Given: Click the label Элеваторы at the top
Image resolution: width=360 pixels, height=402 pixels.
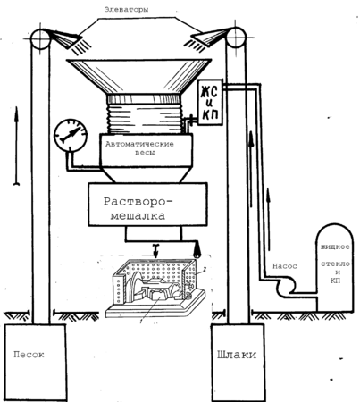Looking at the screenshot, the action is coord(126,10).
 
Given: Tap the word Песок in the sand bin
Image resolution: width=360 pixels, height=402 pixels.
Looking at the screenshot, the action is coord(29,355).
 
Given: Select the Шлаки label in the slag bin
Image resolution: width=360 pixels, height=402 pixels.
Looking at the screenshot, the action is coord(237,355).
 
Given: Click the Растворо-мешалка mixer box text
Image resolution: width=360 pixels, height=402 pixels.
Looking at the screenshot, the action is coord(138,208).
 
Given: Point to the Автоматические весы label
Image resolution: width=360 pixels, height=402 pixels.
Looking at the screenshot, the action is coord(139,148).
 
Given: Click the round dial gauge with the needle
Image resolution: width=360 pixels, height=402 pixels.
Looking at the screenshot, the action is coord(71,136).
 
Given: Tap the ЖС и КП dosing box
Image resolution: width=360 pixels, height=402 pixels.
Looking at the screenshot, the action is coord(210,102).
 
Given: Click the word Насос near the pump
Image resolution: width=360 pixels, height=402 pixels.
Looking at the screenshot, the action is coord(285,266).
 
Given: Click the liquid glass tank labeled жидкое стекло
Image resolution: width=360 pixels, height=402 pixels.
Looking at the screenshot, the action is coord(335,267).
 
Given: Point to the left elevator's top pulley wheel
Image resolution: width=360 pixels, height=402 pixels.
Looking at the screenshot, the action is coord(41,38).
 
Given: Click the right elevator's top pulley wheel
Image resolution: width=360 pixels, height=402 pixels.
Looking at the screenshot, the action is coord(236,38).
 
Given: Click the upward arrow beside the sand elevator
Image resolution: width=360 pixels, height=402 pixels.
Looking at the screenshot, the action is coord(16,146).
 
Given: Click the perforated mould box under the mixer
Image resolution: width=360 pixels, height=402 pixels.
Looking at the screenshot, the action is coord(155,286).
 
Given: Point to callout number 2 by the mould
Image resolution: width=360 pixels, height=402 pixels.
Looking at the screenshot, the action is coord(205,270).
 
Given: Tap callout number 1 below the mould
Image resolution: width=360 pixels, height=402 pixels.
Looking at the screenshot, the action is coord(140,321).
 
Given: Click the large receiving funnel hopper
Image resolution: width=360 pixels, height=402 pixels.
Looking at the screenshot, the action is coord(139,77).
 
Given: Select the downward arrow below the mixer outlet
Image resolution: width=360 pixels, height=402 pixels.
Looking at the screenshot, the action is coord(155,251).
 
